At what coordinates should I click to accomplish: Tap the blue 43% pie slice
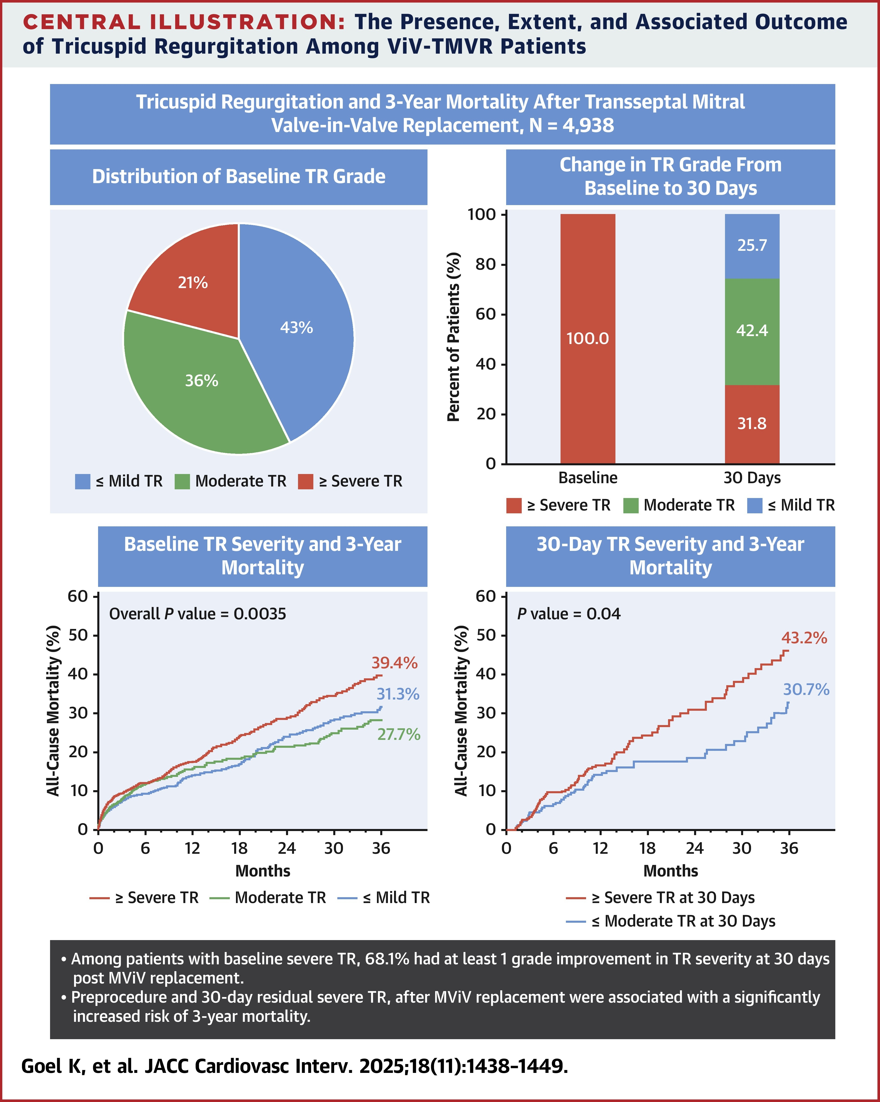(296, 327)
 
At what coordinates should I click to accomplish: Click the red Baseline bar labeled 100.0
(588, 338)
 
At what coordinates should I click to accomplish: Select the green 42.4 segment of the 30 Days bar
(752, 331)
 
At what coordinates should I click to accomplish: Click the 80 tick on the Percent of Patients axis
(485, 264)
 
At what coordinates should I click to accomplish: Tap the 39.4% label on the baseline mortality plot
(394, 663)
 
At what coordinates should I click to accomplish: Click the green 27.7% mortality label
(399, 734)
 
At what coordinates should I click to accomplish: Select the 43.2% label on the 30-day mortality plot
(804, 638)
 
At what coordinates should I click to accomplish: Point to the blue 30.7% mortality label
(806, 690)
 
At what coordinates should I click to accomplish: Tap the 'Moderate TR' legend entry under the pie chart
(240, 481)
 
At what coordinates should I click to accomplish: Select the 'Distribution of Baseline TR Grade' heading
(239, 176)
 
